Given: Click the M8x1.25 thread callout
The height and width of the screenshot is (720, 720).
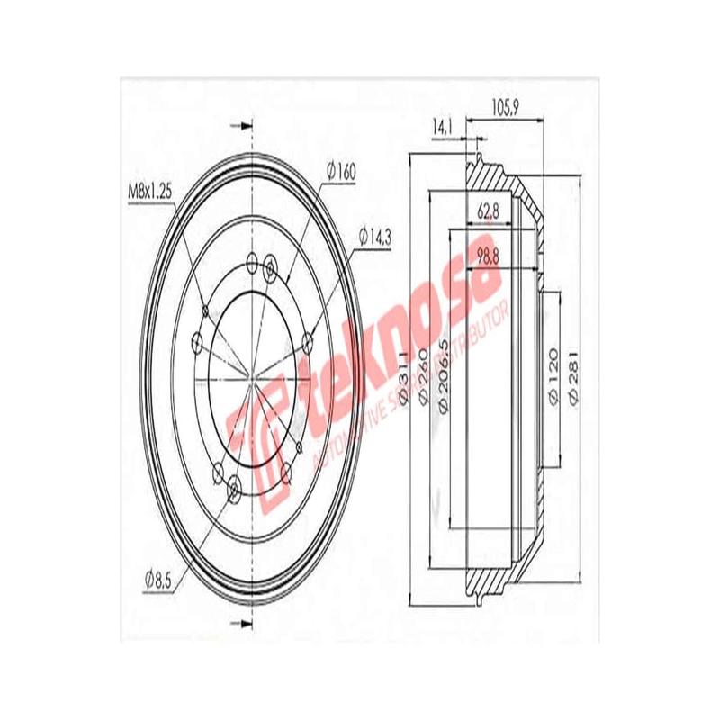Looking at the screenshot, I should (148, 192).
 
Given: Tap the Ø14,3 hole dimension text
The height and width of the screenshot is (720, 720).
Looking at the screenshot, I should (377, 237).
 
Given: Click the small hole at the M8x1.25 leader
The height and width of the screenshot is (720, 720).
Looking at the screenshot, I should (253, 264).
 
